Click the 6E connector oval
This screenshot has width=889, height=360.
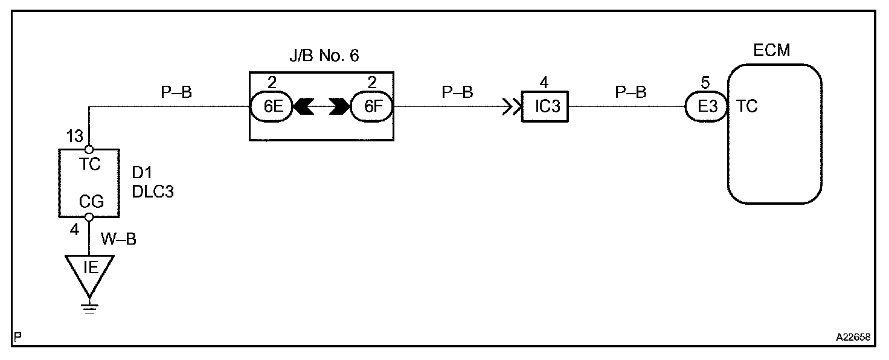[x=271, y=107]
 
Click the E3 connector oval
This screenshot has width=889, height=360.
[x=707, y=107]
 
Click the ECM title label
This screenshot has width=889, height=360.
[x=772, y=51]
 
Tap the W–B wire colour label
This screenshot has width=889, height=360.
[x=118, y=240]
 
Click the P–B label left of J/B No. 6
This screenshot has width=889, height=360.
[x=176, y=92]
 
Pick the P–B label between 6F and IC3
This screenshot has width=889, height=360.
[x=457, y=92]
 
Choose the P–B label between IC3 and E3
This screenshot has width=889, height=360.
[x=631, y=92]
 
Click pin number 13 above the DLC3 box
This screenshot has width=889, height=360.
[x=75, y=137]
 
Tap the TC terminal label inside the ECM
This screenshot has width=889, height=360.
[x=748, y=107]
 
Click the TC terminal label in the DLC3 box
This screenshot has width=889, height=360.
[x=89, y=164]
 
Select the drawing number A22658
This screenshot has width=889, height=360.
[x=853, y=338]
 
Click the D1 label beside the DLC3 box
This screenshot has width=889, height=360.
[x=143, y=173]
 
